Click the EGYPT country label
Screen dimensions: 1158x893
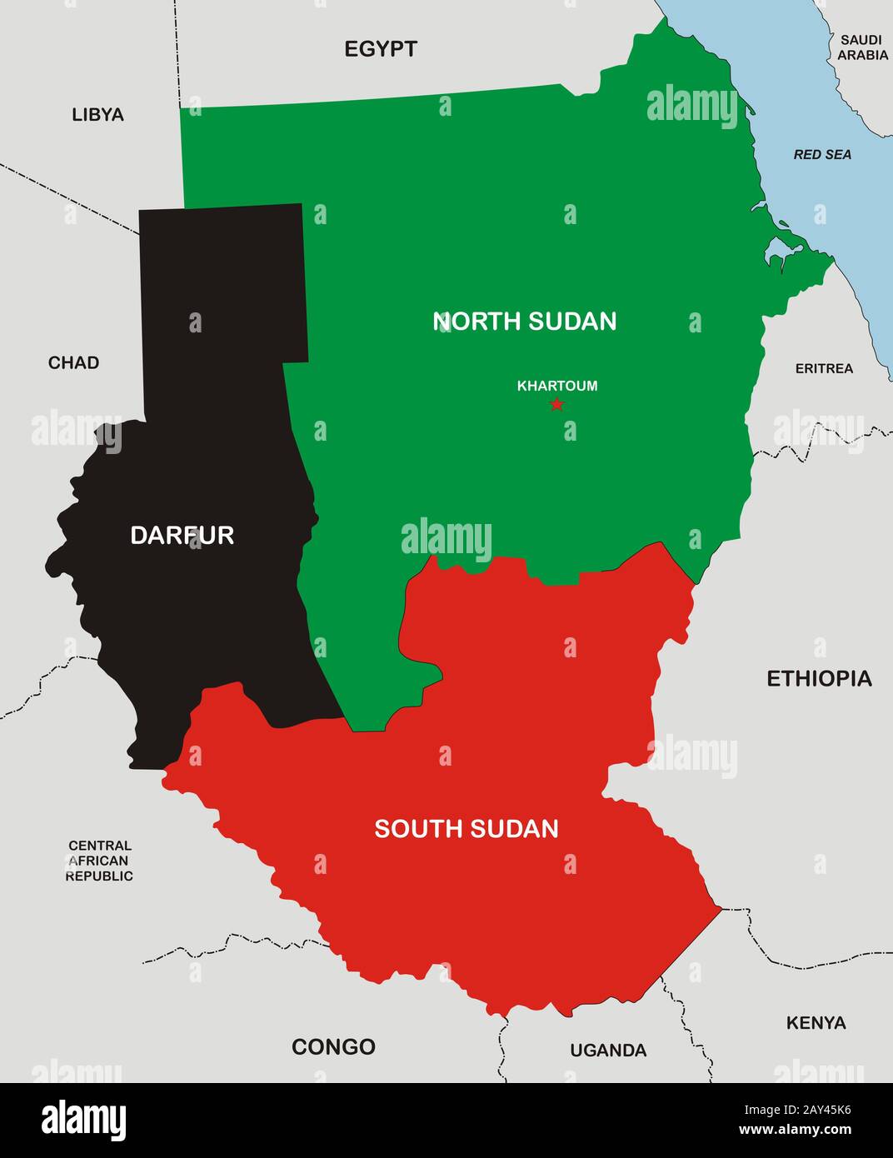[381, 49]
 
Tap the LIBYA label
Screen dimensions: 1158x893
[97, 115]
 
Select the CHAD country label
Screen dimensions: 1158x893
[73, 362]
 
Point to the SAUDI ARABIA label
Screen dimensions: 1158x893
[862, 47]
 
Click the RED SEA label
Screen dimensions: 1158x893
[822, 154]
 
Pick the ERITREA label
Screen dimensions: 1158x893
[824, 368]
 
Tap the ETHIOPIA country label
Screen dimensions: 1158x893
[819, 678]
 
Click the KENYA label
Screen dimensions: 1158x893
[816, 1022]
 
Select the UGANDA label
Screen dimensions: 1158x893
[608, 1051]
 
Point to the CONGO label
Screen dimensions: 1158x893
[333, 1046]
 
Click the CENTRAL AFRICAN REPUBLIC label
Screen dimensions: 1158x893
[99, 861]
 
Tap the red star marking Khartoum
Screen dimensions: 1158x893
[556, 405]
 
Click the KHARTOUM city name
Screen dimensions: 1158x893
[557, 386]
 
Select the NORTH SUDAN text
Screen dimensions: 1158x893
[525, 322]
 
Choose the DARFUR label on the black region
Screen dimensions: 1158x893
[182, 535]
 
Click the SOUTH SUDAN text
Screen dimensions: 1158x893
[466, 829]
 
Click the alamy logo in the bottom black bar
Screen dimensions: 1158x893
[84, 1121]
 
